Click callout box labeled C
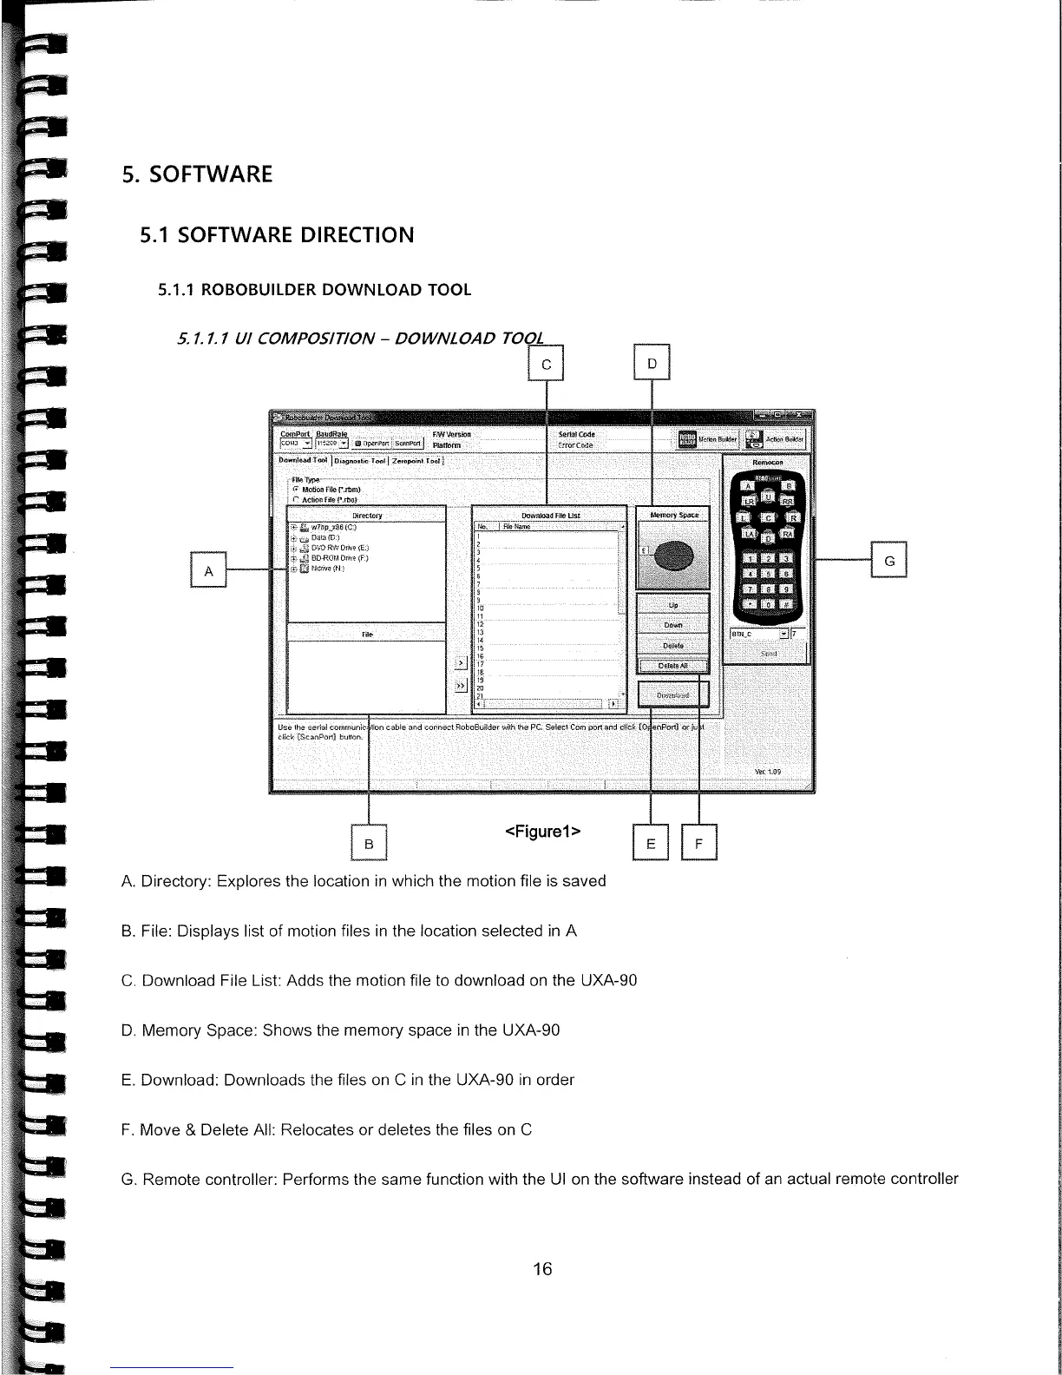(x=546, y=364)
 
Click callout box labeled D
(x=652, y=364)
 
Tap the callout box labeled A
(x=208, y=569)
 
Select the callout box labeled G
(x=888, y=559)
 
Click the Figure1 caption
(x=542, y=832)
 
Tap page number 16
(x=542, y=1269)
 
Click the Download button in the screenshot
(x=673, y=695)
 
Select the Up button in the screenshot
(x=673, y=605)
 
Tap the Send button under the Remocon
(x=767, y=653)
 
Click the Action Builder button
(x=777, y=440)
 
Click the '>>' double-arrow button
(x=460, y=687)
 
